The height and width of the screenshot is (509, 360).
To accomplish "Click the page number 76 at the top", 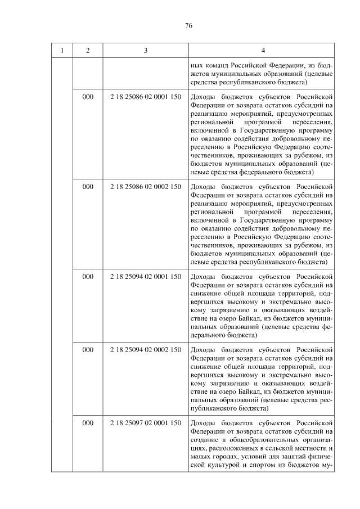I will click(189, 25).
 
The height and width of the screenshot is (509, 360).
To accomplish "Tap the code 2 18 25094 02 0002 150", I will click(146, 349).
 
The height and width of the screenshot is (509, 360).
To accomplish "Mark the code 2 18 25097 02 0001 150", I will click(146, 422).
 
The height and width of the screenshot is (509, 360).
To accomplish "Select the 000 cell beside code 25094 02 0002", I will click(88, 349).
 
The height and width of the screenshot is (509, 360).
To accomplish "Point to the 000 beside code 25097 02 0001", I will click(88, 422).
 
